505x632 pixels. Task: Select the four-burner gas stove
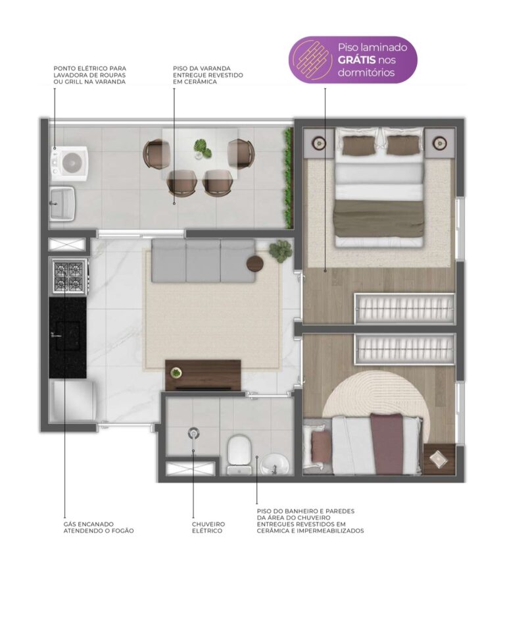tap(69, 276)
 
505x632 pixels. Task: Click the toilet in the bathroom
tap(239, 455)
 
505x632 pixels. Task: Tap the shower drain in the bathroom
tap(194, 433)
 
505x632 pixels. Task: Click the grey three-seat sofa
tap(203, 261)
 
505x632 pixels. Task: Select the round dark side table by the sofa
tap(255, 263)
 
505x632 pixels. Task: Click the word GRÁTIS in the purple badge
tap(356, 60)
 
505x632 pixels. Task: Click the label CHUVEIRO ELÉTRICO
tap(208, 527)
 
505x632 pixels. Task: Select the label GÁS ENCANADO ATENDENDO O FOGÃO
tap(98, 527)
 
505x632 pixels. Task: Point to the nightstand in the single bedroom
tap(439, 459)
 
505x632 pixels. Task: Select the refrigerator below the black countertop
tap(72, 401)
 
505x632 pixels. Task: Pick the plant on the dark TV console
tap(176, 373)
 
